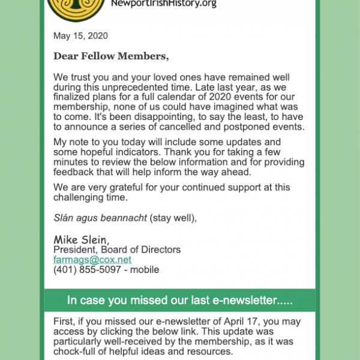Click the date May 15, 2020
click(80, 36)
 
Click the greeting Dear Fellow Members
click(111, 56)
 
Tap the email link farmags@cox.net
click(92, 260)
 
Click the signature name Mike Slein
click(81, 239)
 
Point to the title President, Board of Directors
click(117, 250)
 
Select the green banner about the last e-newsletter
click(180, 299)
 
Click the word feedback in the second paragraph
click(73, 173)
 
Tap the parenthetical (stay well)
click(173, 217)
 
